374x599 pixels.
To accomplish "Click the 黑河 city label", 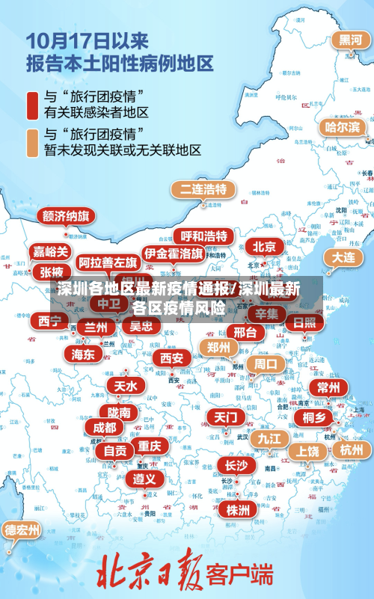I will pyautogui.click(x=349, y=40).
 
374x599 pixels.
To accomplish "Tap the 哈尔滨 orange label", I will pyautogui.click(x=342, y=127).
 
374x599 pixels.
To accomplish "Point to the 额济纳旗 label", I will pyautogui.click(x=66, y=217).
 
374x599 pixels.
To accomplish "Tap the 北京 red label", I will pyautogui.click(x=264, y=247).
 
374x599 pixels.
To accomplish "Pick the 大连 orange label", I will pyautogui.click(x=343, y=257).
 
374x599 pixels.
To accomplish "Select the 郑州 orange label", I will pyautogui.click(x=218, y=347).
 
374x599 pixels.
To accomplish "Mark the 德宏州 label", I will pyautogui.click(x=22, y=530).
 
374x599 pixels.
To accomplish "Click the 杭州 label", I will pyautogui.click(x=350, y=449).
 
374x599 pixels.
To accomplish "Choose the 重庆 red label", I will pyautogui.click(x=149, y=445).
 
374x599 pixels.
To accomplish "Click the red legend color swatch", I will pyautogui.click(x=33, y=105).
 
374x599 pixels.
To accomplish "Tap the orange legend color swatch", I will pyautogui.click(x=33, y=142).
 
